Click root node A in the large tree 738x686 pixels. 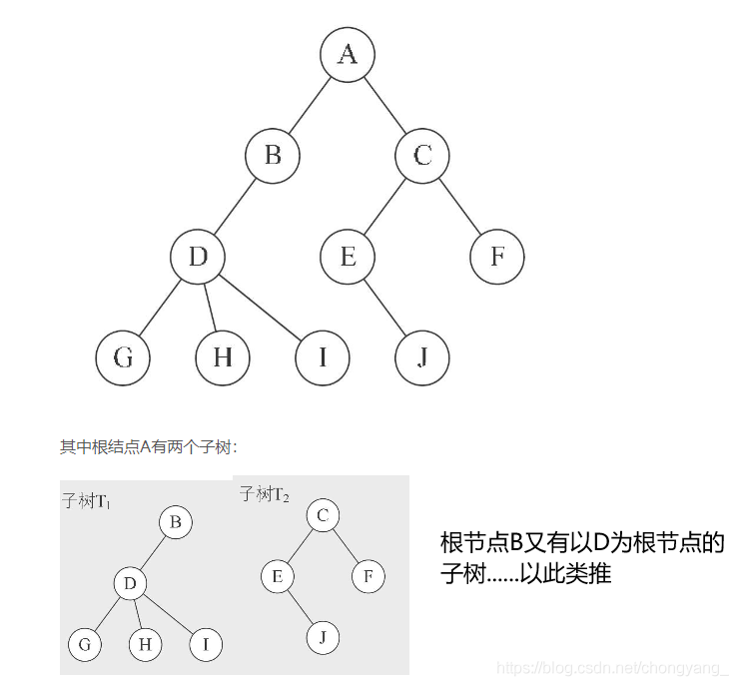coord(348,55)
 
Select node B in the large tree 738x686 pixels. coord(273,156)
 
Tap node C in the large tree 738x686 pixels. coord(422,156)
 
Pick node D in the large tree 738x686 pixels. coord(198,257)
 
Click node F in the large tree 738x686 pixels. coord(497,257)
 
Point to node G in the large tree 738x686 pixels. coord(123,358)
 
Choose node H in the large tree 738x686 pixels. coord(223,358)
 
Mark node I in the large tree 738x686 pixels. coord(323,358)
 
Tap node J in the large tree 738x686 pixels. coord(422,358)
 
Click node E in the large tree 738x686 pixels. coord(348,257)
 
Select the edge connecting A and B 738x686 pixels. coord(311,105)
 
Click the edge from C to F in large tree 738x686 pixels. coord(460,207)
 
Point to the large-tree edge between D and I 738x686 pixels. coord(261,308)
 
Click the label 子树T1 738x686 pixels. coord(87,501)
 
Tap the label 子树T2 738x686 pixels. coord(264,494)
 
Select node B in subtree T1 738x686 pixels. coord(176,522)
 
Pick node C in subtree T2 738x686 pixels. coord(323,515)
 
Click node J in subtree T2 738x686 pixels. coord(323,638)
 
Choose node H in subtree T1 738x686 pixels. coord(146,645)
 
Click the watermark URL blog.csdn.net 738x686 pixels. coord(613,668)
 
